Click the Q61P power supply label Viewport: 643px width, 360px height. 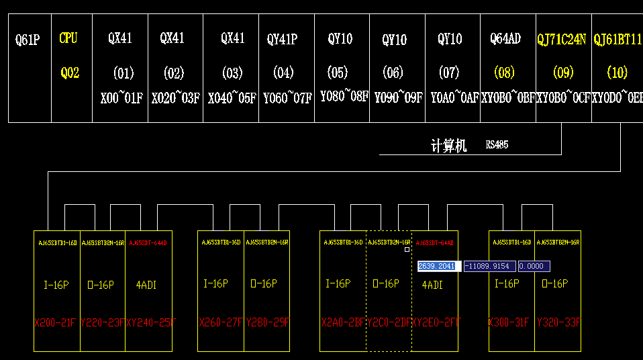[x=28, y=40]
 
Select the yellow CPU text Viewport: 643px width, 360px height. [x=68, y=38]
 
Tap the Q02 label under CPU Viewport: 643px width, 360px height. [x=70, y=73]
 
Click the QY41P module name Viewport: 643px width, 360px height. [x=282, y=39]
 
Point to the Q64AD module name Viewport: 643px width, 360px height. [x=505, y=39]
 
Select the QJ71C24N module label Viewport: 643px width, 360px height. [x=562, y=40]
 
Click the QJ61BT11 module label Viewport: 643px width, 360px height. [x=617, y=39]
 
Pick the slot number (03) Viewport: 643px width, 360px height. [x=232, y=73]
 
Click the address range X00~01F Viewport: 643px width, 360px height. [x=121, y=99]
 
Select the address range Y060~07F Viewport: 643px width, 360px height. [x=287, y=99]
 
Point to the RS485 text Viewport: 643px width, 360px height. [x=497, y=144]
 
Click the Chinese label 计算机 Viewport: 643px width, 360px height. [x=449, y=146]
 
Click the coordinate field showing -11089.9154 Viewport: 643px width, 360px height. [x=490, y=267]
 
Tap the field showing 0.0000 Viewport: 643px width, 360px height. [x=534, y=267]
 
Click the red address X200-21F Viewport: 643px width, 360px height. [x=56, y=323]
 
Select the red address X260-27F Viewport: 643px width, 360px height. [x=221, y=322]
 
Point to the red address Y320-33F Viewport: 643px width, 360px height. [x=558, y=322]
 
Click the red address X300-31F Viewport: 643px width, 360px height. [x=511, y=322]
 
